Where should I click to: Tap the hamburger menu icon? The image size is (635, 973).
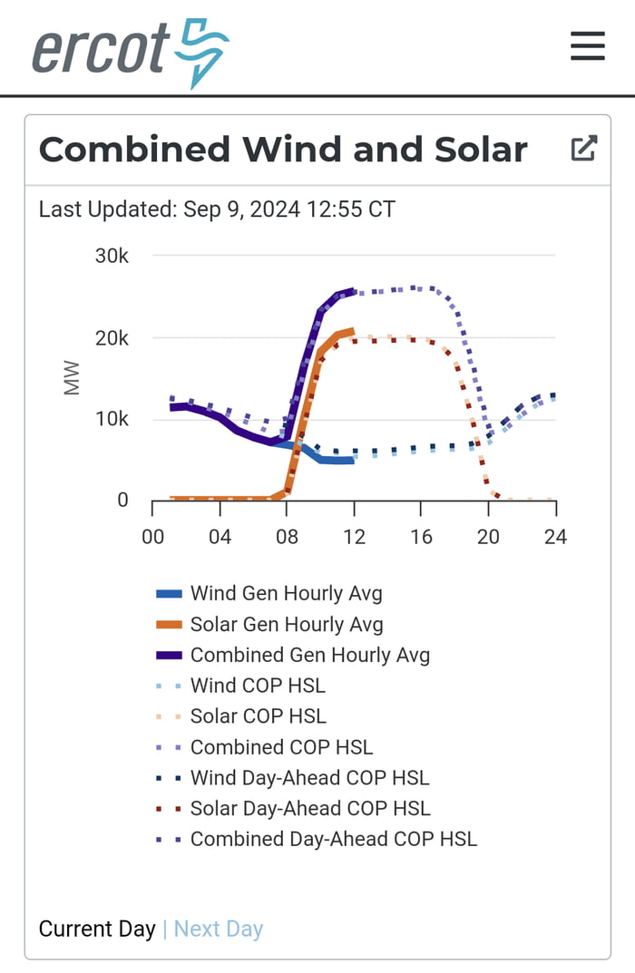coord(587,45)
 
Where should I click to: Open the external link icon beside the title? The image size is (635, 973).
coord(583,149)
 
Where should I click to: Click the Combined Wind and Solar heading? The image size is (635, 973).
coord(282,150)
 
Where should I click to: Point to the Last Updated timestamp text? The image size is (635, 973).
coord(217,209)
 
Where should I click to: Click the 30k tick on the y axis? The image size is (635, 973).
coord(112,257)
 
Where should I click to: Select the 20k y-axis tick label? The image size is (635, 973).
coord(112,338)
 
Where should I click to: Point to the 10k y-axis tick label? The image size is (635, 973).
coord(112,419)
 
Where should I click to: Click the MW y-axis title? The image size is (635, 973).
coord(72,378)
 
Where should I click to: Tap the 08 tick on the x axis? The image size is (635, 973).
coord(287,537)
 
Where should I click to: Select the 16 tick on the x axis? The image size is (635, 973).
coord(421,537)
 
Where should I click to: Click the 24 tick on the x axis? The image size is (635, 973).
coord(555,537)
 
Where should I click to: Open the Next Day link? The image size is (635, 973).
coord(218,929)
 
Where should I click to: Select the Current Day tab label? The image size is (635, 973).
coord(97,929)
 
